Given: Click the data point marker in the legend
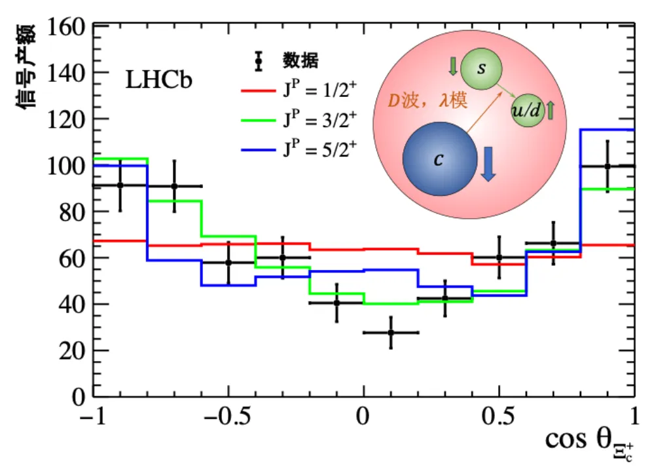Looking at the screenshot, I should tap(259, 61).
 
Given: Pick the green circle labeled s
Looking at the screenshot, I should tap(481, 69).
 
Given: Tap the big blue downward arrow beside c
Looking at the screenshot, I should tap(488, 164).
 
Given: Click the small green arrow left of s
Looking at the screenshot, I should tap(453, 66).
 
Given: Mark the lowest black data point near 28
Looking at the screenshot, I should tap(391, 332).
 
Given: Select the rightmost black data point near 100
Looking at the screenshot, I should tap(607, 166).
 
